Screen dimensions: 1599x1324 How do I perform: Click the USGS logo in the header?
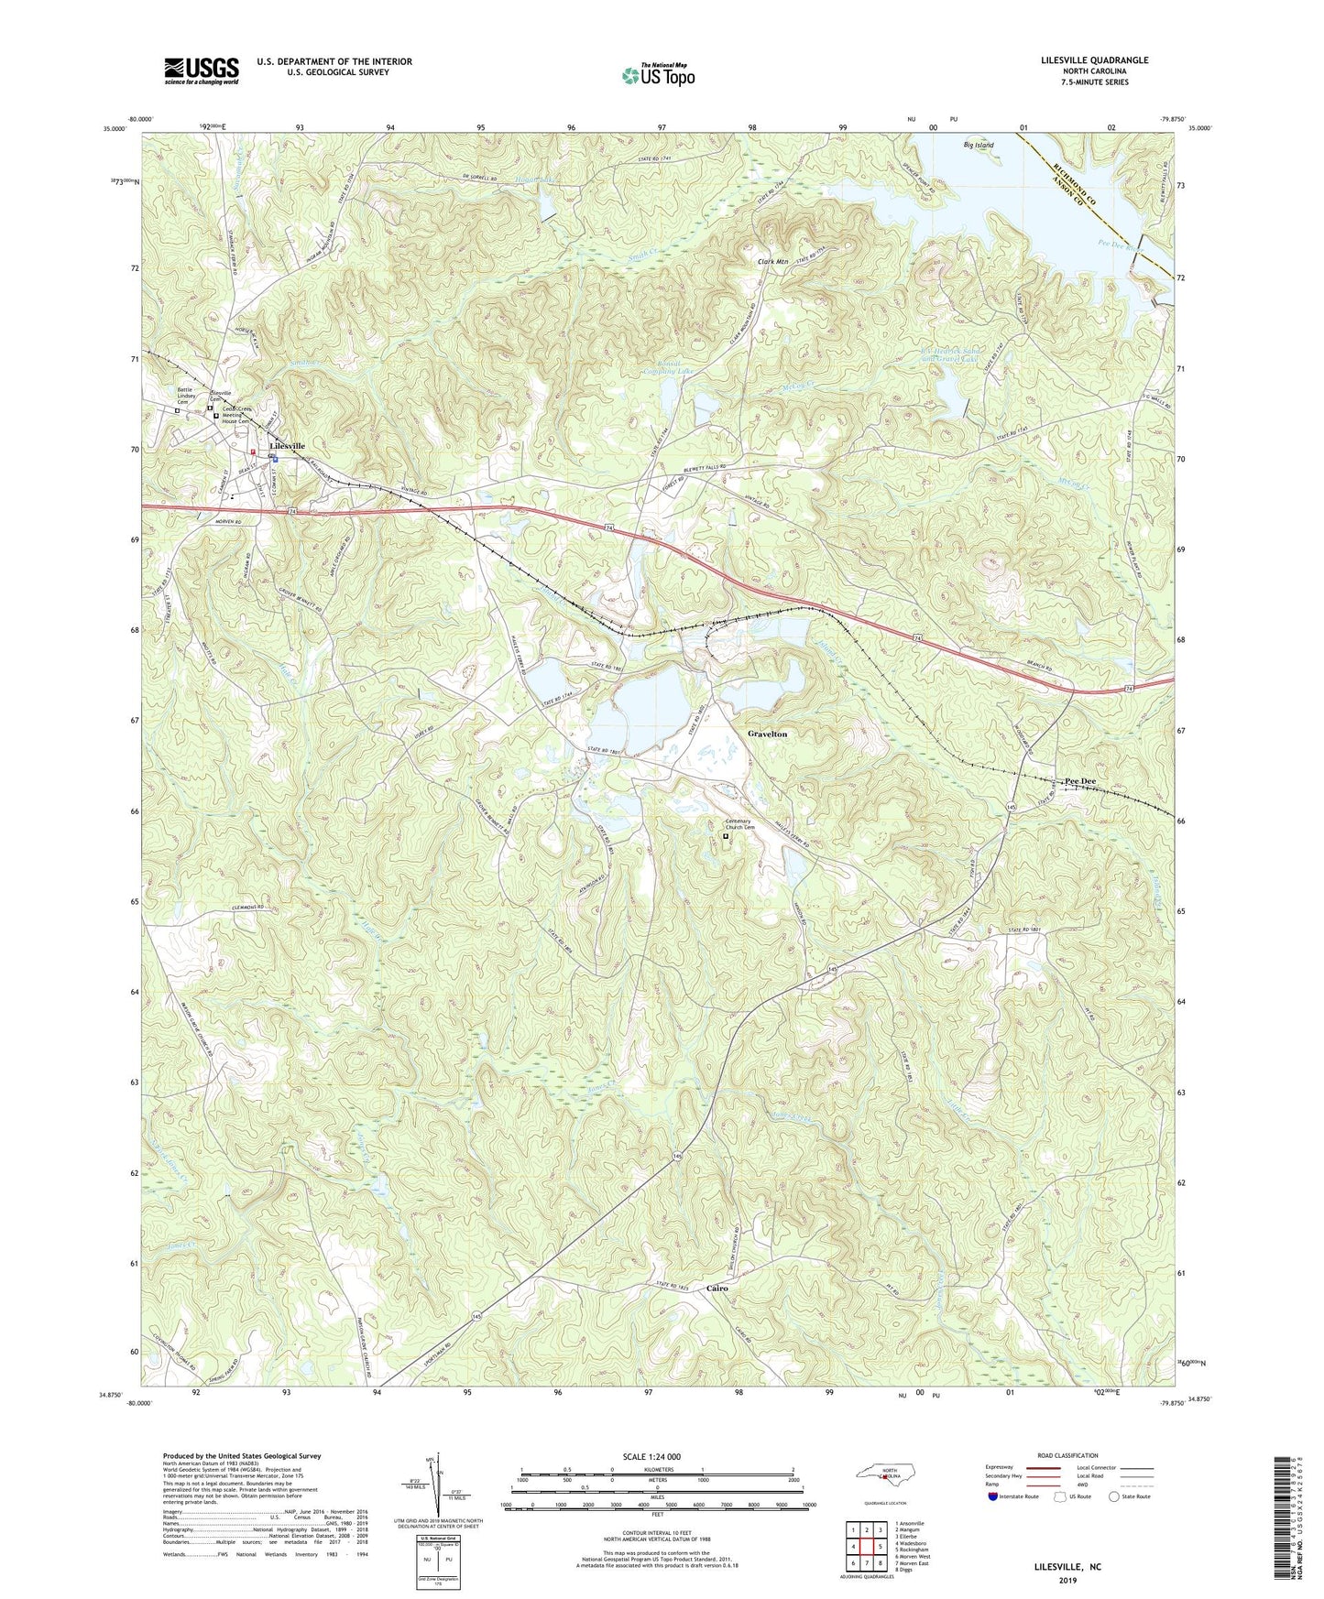[x=202, y=70]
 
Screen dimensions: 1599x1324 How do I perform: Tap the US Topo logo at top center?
[x=657, y=74]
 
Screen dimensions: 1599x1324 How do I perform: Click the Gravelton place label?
[x=767, y=734]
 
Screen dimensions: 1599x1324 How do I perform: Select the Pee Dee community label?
[x=1080, y=781]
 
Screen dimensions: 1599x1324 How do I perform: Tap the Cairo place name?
[x=717, y=1288]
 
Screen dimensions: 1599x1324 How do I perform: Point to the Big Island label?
[x=978, y=145]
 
